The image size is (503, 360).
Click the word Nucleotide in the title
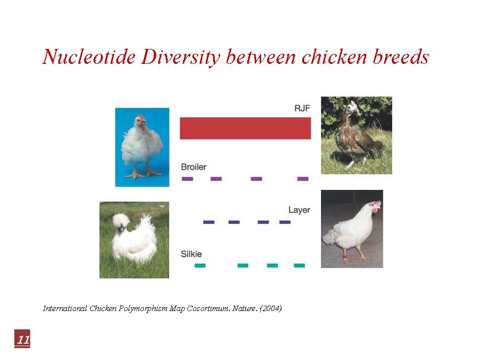[x=89, y=57]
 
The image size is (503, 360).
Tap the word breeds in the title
[x=401, y=57]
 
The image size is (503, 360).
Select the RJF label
[x=302, y=108]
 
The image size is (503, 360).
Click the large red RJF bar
[x=245, y=129]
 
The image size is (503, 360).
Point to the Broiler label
[x=194, y=167]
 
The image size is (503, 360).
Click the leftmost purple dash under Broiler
[x=187, y=179]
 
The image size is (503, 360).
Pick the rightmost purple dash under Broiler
[x=303, y=179]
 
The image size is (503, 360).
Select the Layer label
[x=299, y=210]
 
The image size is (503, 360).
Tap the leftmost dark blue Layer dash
[x=209, y=222]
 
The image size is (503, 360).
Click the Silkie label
[x=191, y=254]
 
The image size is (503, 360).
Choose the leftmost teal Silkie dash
[x=200, y=266]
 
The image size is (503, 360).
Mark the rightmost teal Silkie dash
[x=299, y=266]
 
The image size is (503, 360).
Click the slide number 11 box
[x=22, y=339]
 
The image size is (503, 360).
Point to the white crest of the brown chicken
[x=353, y=107]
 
